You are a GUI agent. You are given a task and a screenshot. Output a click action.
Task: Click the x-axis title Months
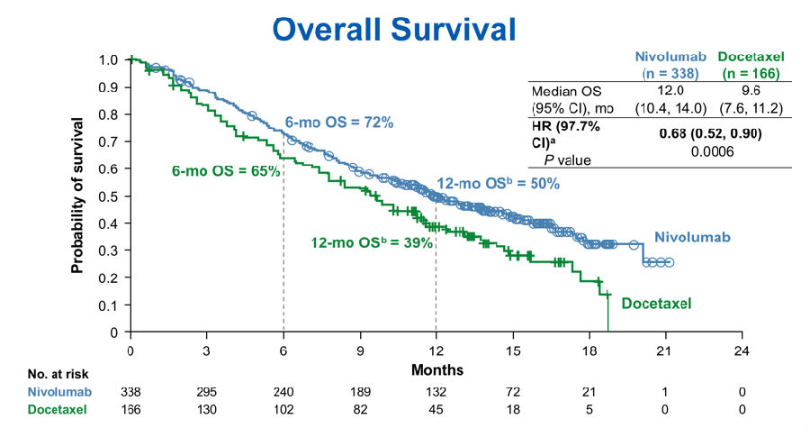coord(436,369)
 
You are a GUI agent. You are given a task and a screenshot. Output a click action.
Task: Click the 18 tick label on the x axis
coord(589,350)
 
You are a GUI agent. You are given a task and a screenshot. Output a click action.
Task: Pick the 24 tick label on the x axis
coord(742,350)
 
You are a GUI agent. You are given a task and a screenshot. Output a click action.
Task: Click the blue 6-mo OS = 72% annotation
coord(339,122)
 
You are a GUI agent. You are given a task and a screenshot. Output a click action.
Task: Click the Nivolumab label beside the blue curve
coord(691,238)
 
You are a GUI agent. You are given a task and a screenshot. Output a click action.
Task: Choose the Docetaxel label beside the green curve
coord(656,304)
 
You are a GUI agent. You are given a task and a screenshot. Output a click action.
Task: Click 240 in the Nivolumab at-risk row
coord(283,392)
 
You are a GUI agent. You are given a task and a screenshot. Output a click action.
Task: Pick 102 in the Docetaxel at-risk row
coord(283,410)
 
